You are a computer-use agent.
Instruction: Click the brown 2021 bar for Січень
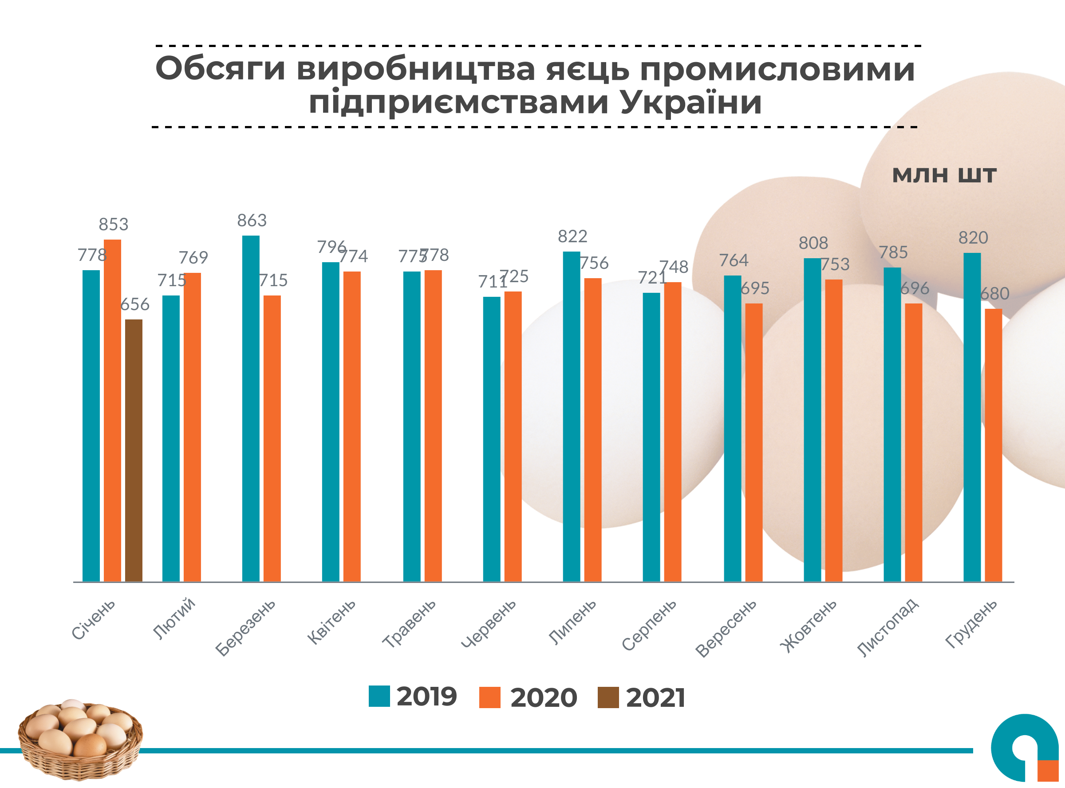click(x=134, y=450)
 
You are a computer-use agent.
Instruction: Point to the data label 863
click(x=252, y=221)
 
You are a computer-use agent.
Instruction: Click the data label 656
click(x=134, y=304)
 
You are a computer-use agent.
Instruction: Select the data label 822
click(x=572, y=236)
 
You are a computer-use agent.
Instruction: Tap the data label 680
click(x=994, y=294)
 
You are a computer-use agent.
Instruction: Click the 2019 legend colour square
click(x=379, y=696)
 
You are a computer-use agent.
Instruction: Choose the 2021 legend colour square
click(x=608, y=697)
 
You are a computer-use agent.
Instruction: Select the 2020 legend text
click(x=544, y=698)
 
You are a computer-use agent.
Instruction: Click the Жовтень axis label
click(x=809, y=625)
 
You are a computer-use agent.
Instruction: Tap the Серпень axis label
click(x=649, y=624)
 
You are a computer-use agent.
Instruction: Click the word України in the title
click(x=691, y=102)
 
